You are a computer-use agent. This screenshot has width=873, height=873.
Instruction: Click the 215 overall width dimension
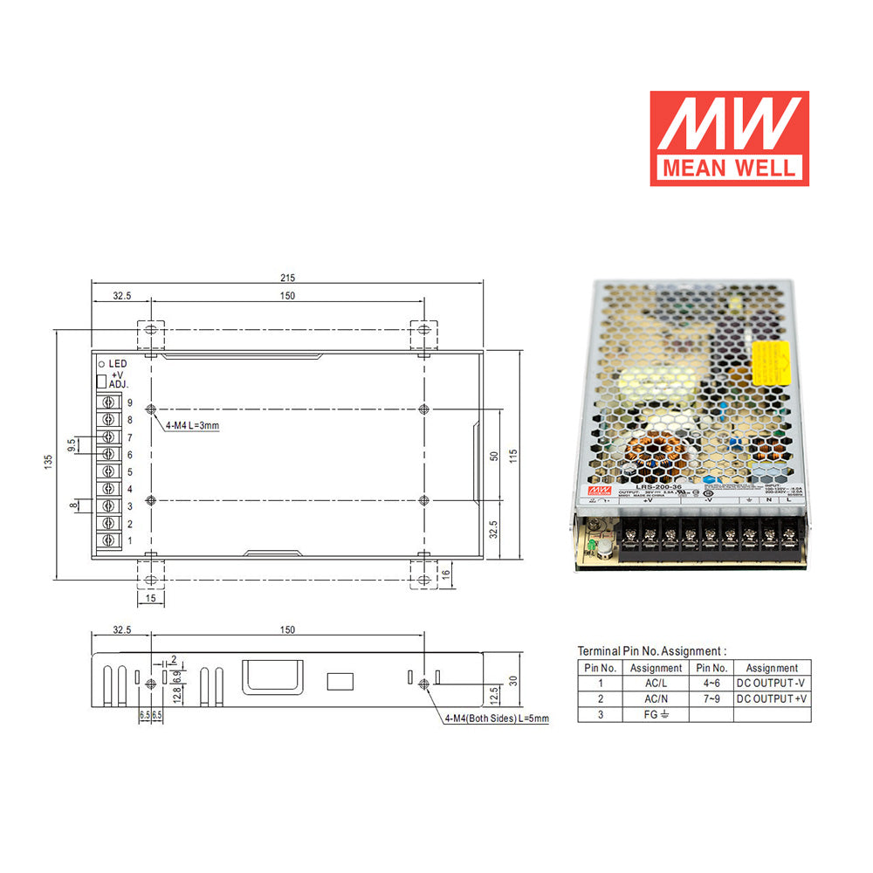[x=287, y=278]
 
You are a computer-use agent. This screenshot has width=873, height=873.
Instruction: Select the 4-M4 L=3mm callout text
[x=192, y=425]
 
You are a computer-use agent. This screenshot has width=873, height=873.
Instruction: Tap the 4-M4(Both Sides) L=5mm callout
[x=496, y=718]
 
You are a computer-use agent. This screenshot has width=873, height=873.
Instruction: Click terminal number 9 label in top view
[x=129, y=403]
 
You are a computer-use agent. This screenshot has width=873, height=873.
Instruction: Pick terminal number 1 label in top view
[x=129, y=541]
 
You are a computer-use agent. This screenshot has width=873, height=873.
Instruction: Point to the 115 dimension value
[x=515, y=455]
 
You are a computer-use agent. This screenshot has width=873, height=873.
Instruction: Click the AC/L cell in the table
[x=656, y=683]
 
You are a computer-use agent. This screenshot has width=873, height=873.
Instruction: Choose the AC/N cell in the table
[x=656, y=698]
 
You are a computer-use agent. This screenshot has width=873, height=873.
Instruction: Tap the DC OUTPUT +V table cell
[x=771, y=698]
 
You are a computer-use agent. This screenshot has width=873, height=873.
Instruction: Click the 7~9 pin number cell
[x=711, y=698]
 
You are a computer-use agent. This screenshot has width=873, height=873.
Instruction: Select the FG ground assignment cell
[x=656, y=715]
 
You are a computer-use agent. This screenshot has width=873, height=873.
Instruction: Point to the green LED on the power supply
[x=593, y=547]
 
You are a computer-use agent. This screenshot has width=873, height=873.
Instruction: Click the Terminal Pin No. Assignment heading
[x=651, y=651]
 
